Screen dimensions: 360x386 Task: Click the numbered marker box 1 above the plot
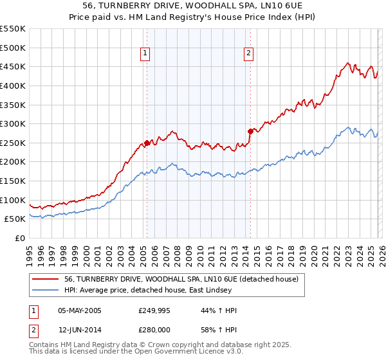146,54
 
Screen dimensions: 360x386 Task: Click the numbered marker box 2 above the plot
249,54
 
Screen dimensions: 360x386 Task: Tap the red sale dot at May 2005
147,143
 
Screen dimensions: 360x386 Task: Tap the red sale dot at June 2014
250,131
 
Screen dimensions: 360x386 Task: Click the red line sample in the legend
46,280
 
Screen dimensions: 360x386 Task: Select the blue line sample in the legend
46,291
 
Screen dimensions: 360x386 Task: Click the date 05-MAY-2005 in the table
79,310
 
